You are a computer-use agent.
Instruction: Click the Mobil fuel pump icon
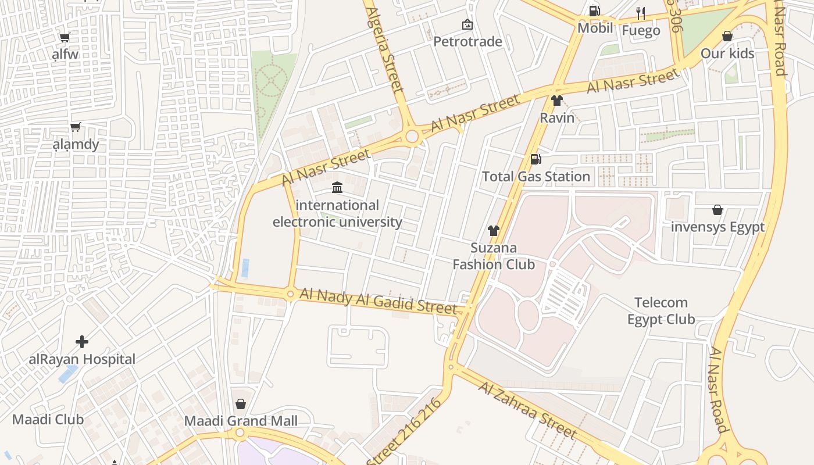click(594, 10)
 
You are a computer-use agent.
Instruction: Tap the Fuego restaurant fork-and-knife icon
click(641, 13)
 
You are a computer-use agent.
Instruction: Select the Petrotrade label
click(467, 42)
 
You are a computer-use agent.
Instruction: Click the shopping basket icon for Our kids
click(727, 36)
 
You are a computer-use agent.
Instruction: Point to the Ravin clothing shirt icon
click(557, 101)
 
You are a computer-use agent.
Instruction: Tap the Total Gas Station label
click(535, 176)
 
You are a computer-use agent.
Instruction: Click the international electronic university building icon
click(337, 187)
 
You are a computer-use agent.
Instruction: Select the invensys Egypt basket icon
click(717, 210)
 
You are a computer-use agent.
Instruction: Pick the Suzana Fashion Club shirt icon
click(494, 231)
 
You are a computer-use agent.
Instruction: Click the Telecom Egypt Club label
click(661, 311)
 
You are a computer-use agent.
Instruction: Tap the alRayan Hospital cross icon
click(82, 341)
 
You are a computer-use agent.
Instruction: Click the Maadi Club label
click(48, 419)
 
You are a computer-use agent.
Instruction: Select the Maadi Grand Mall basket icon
click(241, 403)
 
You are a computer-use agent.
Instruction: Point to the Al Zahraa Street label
click(528, 410)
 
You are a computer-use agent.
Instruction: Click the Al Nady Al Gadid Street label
click(378, 301)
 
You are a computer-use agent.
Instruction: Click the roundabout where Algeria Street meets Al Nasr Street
click(412, 137)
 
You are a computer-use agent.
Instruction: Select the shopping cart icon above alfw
click(65, 38)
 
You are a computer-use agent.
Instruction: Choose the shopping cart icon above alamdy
click(75, 127)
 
